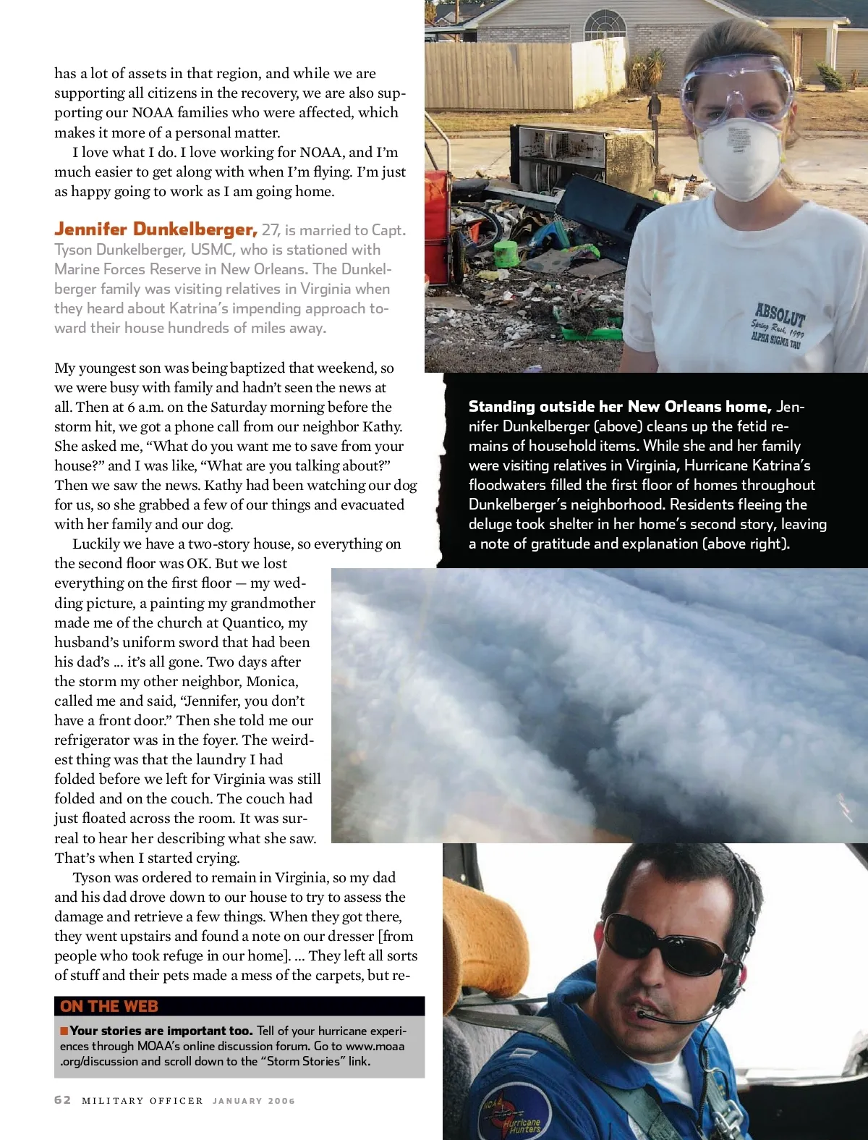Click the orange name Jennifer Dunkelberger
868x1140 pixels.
tap(156, 229)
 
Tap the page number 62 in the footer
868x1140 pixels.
tap(63, 1099)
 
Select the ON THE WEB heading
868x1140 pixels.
tap(109, 1006)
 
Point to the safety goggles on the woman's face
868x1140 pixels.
tap(736, 89)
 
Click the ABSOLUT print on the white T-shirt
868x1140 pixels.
tap(780, 314)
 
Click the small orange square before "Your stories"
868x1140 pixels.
tap(64, 1031)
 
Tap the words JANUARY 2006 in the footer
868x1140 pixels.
tap(254, 1101)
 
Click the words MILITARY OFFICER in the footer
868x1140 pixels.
tap(142, 1101)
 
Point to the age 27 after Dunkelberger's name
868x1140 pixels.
tap(271, 230)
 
